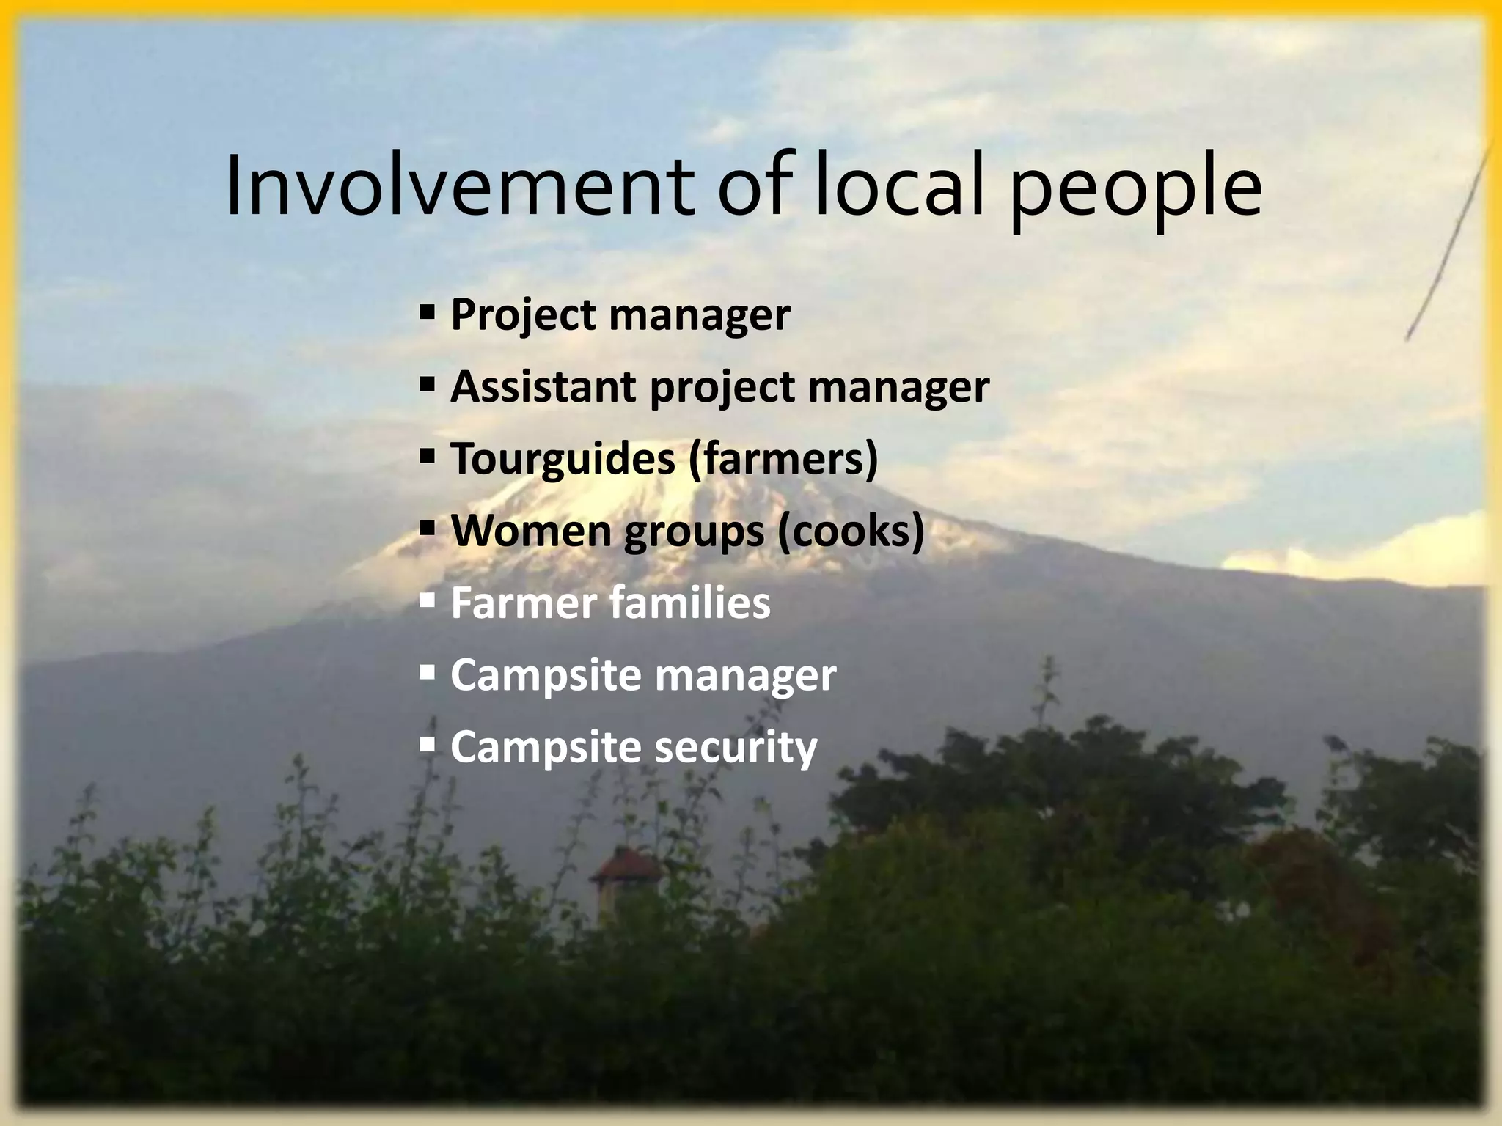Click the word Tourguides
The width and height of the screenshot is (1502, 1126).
pos(563,459)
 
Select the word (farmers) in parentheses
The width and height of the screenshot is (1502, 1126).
pos(783,459)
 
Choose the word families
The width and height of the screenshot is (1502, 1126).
pos(690,603)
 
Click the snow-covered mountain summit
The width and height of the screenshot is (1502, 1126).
pos(631,491)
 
